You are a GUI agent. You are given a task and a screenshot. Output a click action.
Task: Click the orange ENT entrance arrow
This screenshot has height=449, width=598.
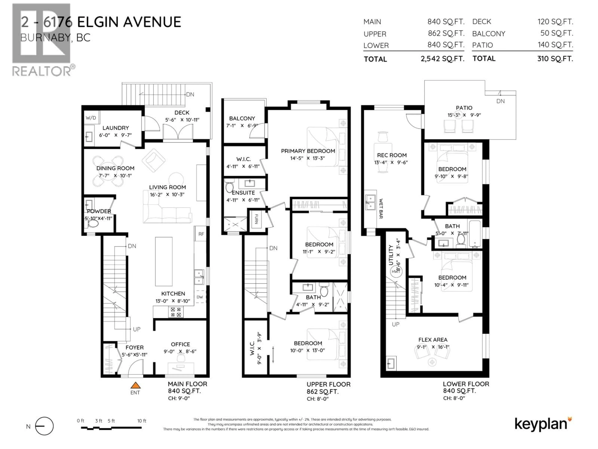click(x=135, y=385)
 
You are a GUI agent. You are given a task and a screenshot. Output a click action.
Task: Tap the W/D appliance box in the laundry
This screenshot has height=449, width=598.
click(x=91, y=118)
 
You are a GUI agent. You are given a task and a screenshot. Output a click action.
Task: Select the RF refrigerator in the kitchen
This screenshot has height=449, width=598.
click(x=201, y=234)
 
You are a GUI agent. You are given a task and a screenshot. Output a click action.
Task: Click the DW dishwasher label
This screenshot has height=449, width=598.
click(x=199, y=297)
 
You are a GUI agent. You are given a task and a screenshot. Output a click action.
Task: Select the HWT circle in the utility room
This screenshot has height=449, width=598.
click(x=396, y=271)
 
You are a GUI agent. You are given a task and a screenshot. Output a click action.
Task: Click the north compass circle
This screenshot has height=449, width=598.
click(x=44, y=426)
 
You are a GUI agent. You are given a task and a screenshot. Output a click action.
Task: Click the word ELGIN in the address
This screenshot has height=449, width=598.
click(x=98, y=22)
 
